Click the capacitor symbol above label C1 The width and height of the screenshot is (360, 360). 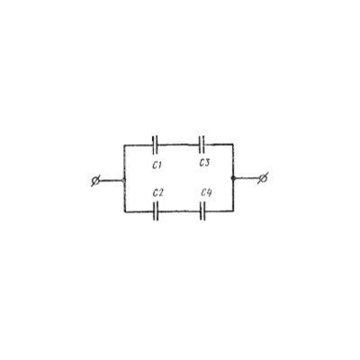155,145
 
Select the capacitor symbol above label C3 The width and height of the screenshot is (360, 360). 202,145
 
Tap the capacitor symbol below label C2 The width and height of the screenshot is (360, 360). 156,211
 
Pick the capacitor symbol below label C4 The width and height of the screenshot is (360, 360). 202,211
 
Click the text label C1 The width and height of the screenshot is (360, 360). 157,165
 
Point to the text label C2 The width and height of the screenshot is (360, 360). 157,193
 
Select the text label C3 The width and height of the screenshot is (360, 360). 204,163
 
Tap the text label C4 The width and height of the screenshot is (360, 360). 206,193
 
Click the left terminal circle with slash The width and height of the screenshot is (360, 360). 95,181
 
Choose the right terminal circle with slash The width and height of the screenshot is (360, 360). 263,178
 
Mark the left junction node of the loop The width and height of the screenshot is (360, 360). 123,180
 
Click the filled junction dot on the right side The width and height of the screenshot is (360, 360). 233,178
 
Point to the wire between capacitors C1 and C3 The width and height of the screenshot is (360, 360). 178,145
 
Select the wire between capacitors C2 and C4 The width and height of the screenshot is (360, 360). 179,211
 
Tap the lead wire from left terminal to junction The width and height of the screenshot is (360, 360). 111,181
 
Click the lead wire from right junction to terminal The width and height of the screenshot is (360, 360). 247,178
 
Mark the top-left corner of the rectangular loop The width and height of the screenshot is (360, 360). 124,146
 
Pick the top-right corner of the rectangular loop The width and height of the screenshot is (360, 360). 233,144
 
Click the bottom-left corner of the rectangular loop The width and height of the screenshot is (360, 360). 124,211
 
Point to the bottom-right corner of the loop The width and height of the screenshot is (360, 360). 233,211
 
